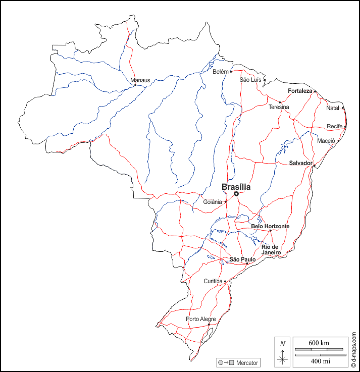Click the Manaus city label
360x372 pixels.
pos(140,80)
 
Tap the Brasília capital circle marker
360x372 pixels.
pos(236,193)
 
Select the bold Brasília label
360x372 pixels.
pos(236,187)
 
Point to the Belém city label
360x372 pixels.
pos(221,72)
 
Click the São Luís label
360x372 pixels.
pos(250,80)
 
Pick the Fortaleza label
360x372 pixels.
pos(300,91)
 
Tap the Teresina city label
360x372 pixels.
pos(279,107)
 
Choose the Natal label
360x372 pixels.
pos(333,108)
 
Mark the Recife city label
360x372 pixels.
pos(335,126)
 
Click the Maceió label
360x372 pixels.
pos(326,141)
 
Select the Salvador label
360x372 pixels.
pos(300,163)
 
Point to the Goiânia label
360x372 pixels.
pos(213,202)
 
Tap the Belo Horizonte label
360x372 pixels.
pos(270,227)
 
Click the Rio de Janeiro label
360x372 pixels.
pos(271,249)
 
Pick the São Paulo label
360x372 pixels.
pos(242,259)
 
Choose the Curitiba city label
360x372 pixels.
pos(213,281)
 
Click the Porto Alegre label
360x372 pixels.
pos(200,319)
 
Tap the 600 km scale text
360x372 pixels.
pos(319,343)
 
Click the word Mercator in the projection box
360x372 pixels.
pos(247,362)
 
